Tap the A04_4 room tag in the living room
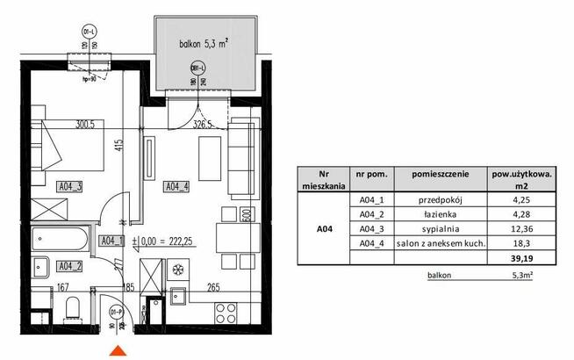(178, 185)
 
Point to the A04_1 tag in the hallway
(110, 240)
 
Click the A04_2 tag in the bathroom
(69, 265)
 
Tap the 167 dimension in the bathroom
(63, 285)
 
